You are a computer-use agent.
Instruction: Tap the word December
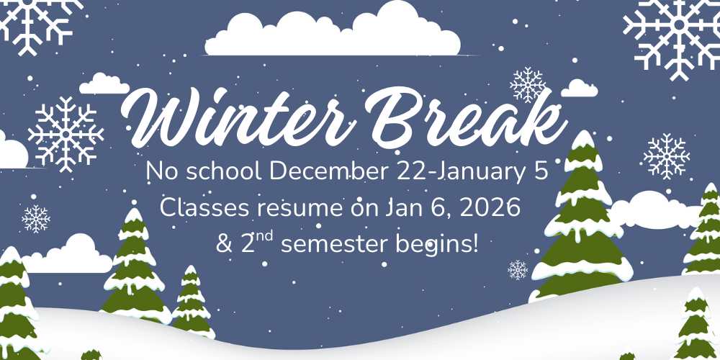330,172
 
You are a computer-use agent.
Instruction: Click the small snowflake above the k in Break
528,84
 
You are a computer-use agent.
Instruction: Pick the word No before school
159,172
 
